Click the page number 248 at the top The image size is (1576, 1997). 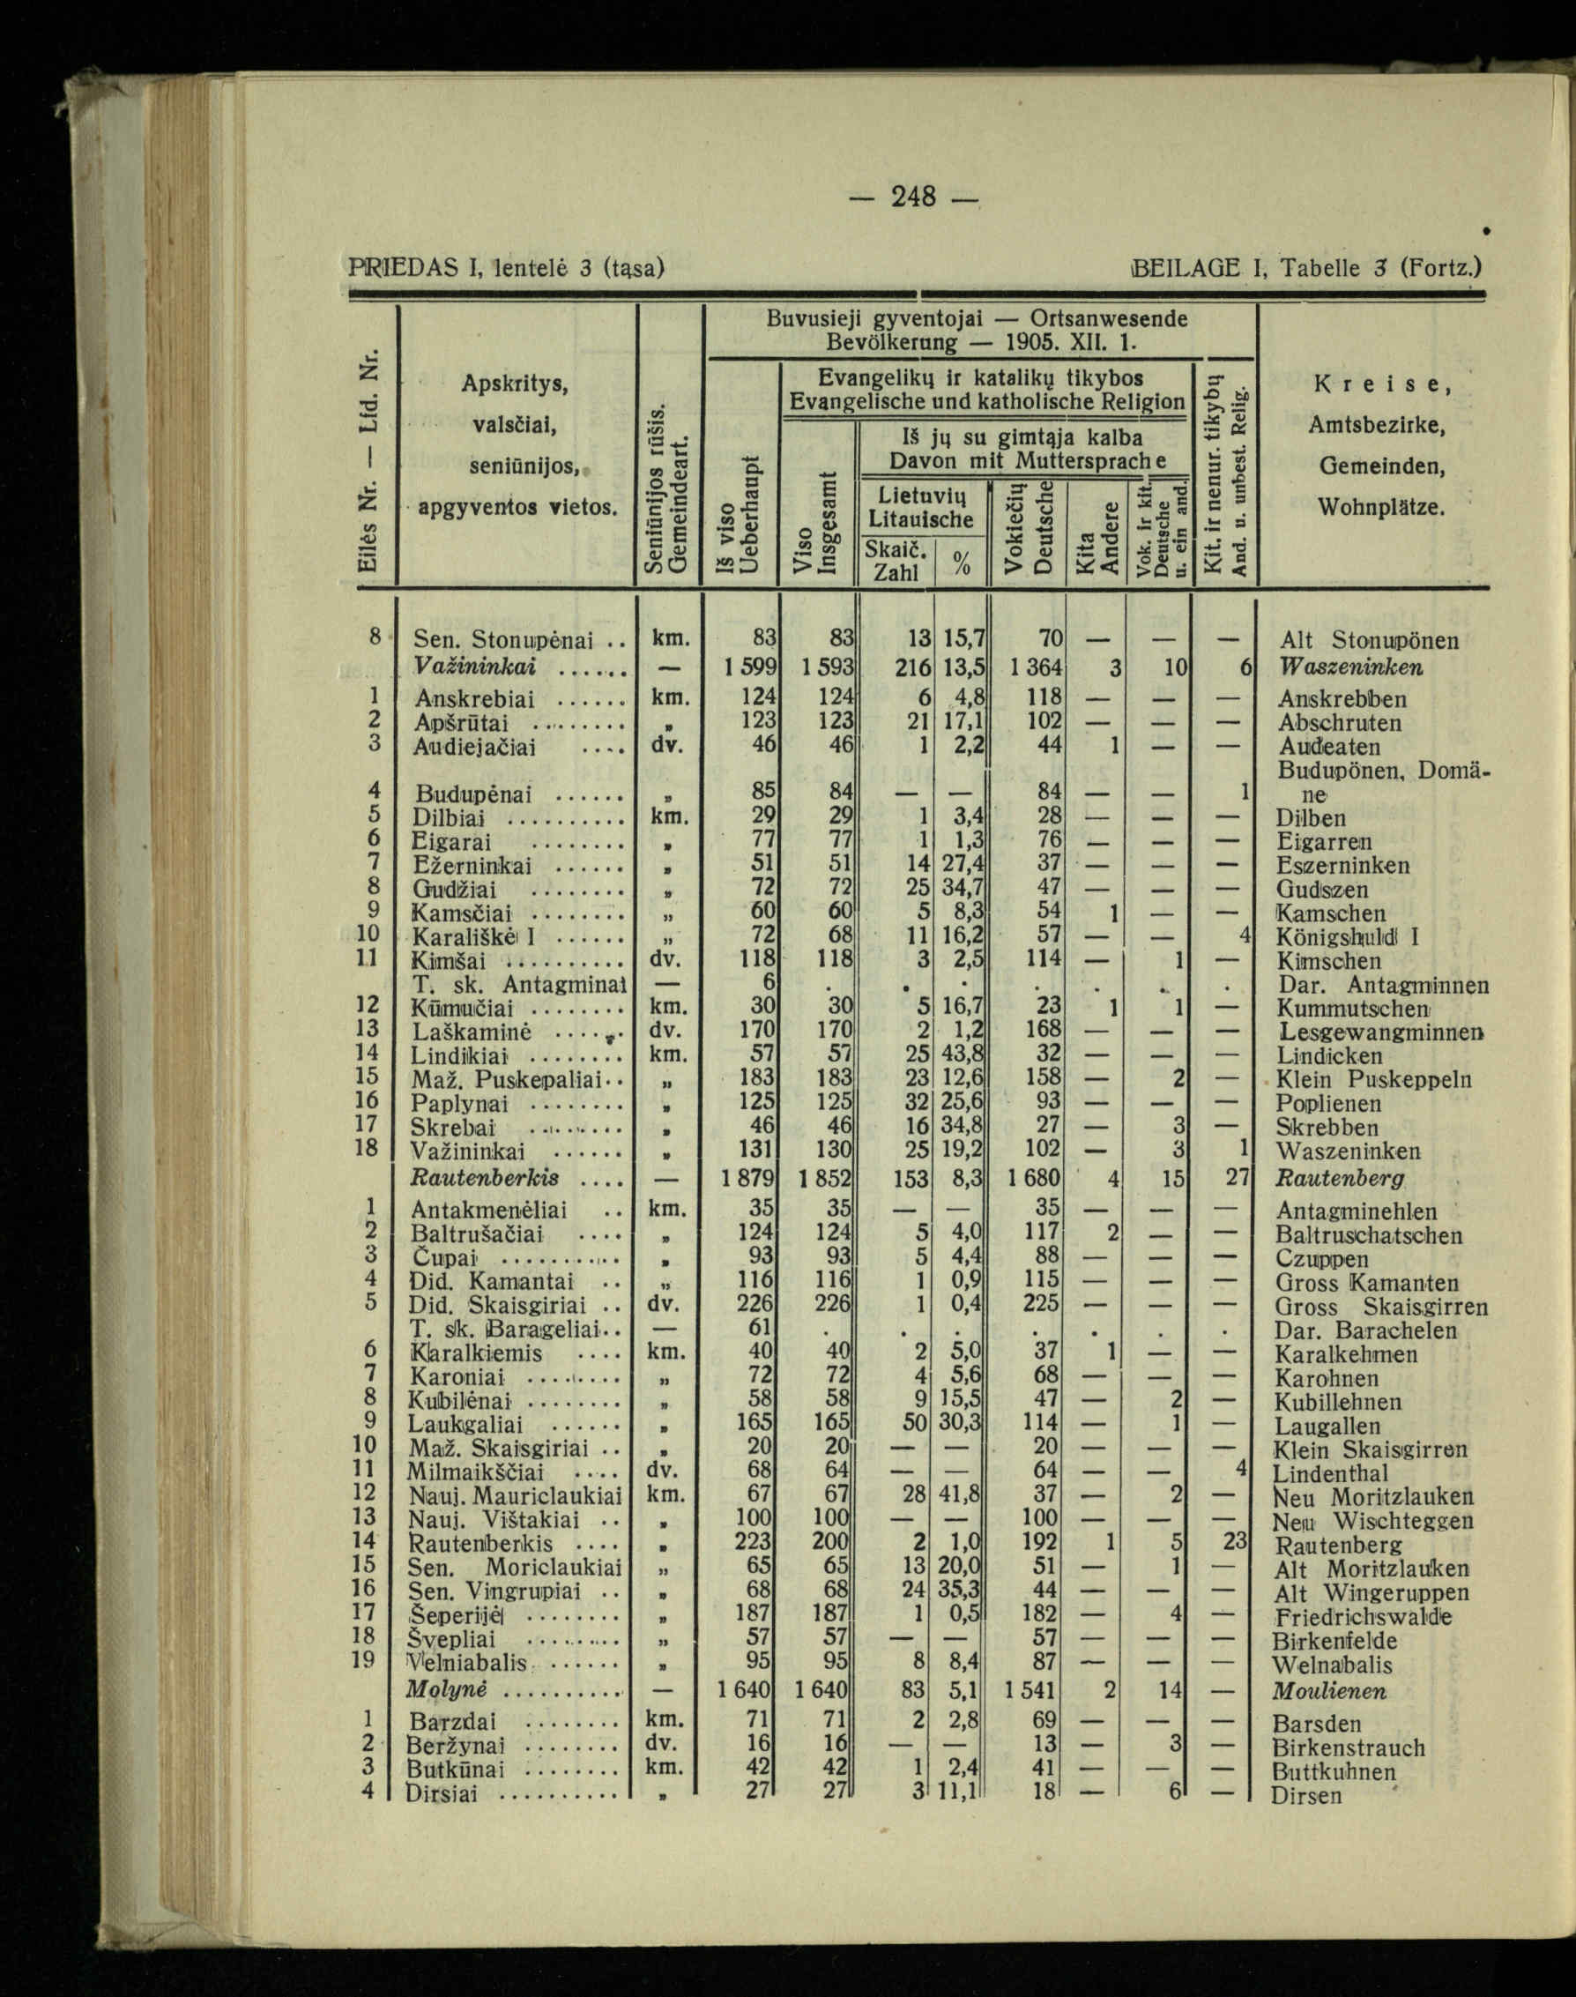(x=913, y=197)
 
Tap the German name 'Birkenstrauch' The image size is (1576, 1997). (x=1348, y=1747)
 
